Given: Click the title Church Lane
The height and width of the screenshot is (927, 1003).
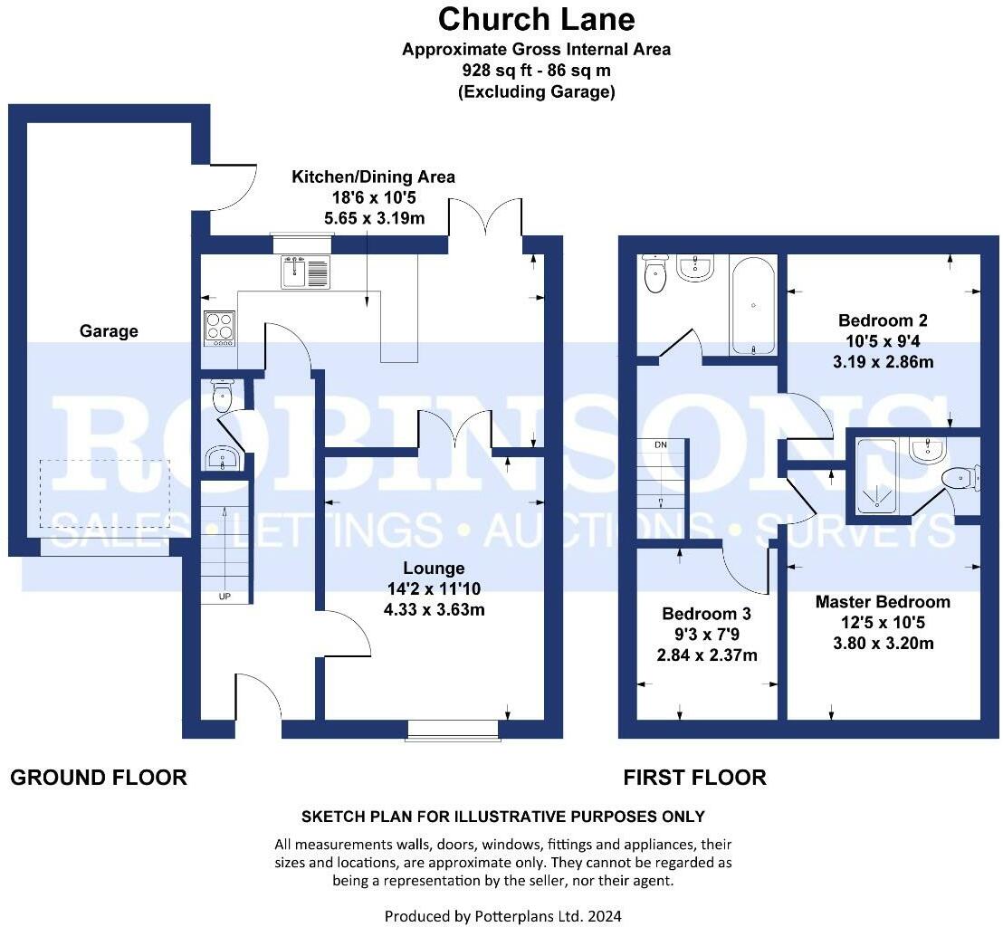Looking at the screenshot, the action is (536, 19).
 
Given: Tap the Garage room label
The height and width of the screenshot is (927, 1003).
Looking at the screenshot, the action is (109, 331).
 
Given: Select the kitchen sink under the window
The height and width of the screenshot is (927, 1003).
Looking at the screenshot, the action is (305, 272).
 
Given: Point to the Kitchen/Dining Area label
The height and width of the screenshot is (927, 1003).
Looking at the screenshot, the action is (373, 177).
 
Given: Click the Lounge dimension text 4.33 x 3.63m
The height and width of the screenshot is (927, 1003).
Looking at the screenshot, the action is (434, 609).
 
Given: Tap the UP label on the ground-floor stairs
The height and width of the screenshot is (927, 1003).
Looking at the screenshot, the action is (224, 597).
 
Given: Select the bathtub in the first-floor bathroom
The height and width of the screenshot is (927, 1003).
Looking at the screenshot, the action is (751, 306).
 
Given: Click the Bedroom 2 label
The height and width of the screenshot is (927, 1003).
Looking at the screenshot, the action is (883, 320).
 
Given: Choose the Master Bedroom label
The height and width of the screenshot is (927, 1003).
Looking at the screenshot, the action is (883, 602).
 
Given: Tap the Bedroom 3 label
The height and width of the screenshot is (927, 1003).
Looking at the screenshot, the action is (706, 614).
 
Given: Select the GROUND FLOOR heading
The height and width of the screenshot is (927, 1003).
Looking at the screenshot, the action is (99, 777).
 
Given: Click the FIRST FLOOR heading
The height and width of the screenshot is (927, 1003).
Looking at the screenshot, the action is (694, 777).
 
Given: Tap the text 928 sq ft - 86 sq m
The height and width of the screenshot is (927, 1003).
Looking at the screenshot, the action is (536, 71).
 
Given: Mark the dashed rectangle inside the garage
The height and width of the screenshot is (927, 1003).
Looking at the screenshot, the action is (104, 495).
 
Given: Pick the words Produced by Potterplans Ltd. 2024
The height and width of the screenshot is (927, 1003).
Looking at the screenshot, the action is (502, 915).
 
